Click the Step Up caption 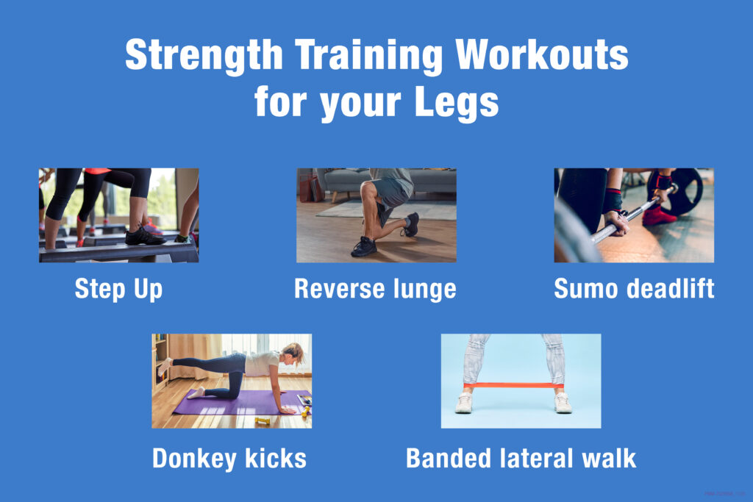[x=118, y=289]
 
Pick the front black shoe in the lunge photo [x=364, y=247]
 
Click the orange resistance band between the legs [x=513, y=386]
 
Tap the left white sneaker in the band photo [x=463, y=403]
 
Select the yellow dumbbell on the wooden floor [x=263, y=421]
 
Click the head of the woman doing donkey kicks [x=293, y=352]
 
